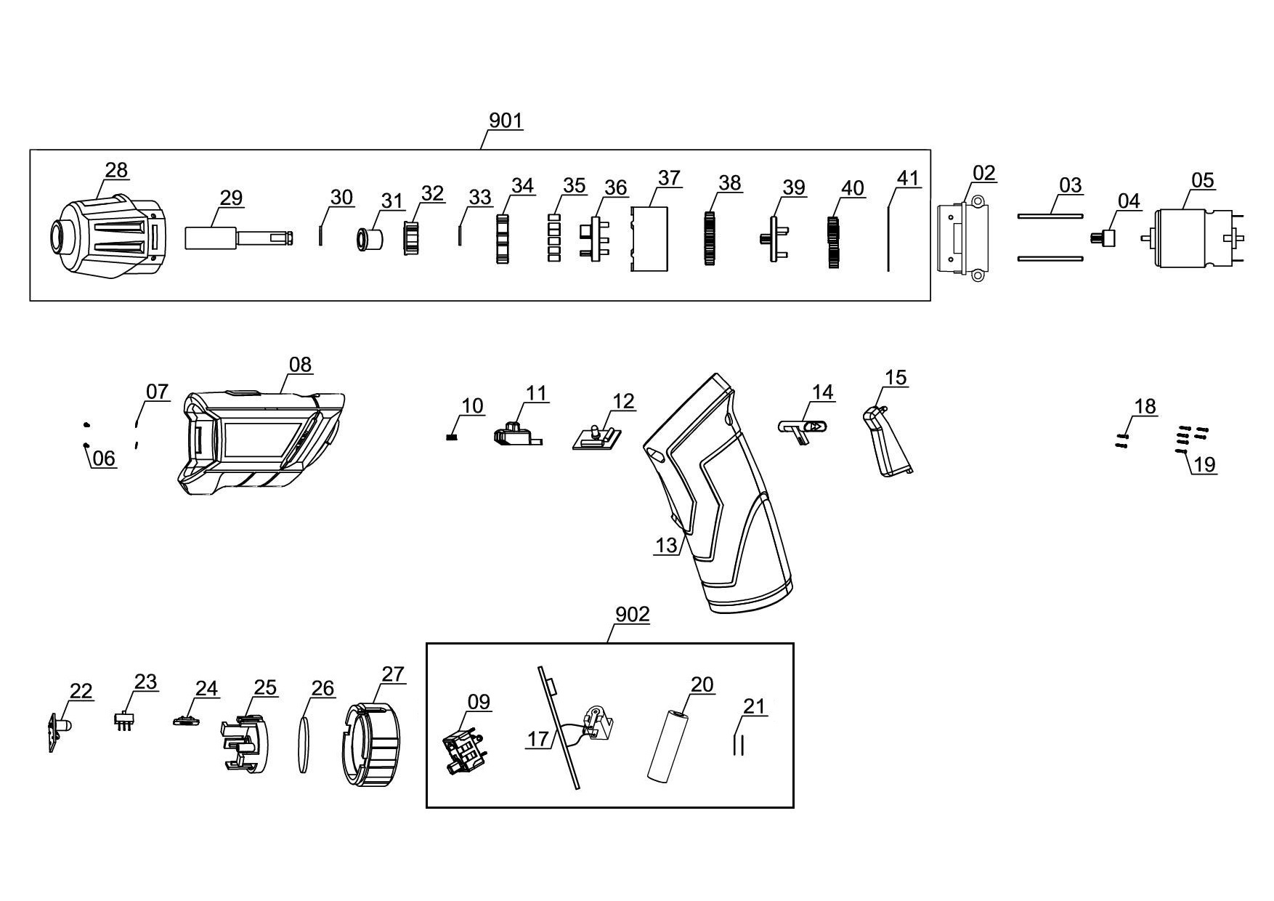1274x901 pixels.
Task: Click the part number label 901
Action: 506,120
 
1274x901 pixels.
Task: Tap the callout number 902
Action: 633,615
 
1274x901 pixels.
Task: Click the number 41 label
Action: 909,179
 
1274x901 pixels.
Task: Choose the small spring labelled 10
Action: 450,437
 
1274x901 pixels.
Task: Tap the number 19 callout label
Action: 1205,464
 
